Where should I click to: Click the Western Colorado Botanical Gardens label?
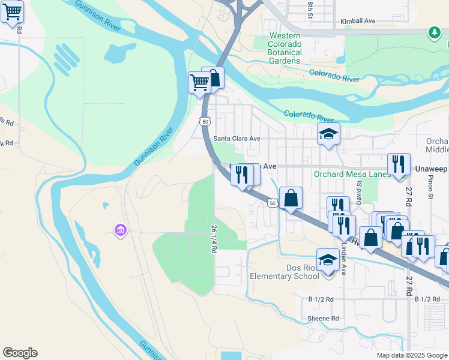[285, 49]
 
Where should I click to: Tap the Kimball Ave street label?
[358, 21]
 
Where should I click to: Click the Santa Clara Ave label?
[237, 138]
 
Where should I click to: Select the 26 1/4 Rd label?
[214, 238]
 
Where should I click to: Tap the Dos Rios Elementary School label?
[285, 272]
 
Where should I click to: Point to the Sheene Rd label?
[324, 318]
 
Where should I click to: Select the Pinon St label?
[431, 187]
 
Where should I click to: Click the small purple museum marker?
[120, 230]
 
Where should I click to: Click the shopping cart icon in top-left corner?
[11, 11]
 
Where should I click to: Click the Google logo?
[20, 353]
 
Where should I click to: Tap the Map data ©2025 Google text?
[411, 355]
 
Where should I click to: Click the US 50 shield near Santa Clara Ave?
[205, 121]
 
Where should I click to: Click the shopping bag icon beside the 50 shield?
[291, 197]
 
